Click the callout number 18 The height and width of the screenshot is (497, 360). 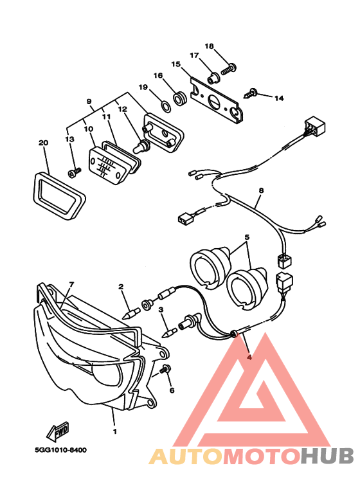(x=209, y=46)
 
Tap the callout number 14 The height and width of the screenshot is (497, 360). (x=278, y=98)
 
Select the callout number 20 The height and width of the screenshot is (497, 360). (x=43, y=143)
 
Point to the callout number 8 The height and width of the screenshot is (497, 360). (x=261, y=190)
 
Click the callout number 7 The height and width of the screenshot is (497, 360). (x=71, y=284)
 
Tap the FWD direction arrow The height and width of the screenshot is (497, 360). (x=59, y=429)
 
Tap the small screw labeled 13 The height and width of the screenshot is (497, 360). (x=74, y=172)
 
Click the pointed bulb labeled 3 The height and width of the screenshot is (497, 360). (x=170, y=332)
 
